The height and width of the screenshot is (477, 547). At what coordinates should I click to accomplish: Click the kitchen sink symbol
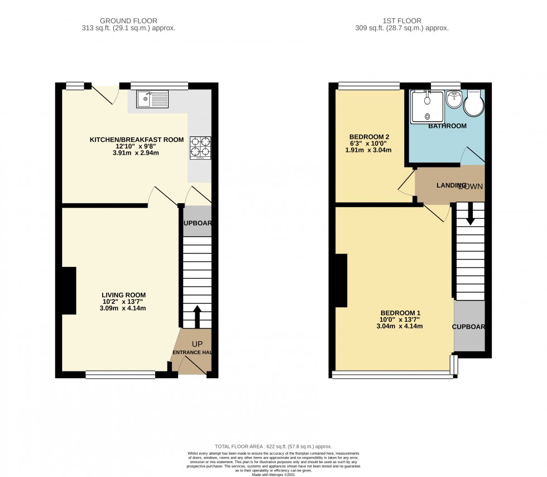click(152, 99)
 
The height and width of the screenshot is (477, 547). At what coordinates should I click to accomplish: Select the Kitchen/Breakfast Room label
click(137, 140)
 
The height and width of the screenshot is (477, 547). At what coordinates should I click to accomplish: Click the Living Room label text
click(123, 295)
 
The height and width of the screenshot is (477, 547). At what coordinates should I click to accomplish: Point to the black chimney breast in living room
click(69, 290)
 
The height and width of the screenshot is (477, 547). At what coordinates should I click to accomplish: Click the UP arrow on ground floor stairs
click(196, 316)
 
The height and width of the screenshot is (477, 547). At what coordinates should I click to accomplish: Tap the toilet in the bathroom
click(474, 103)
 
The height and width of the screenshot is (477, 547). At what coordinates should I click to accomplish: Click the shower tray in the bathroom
click(427, 107)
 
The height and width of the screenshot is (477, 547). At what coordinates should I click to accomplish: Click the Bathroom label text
click(447, 126)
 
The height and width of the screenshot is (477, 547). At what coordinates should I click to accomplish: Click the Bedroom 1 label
click(400, 313)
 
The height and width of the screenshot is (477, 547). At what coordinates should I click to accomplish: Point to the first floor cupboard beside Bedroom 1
click(469, 327)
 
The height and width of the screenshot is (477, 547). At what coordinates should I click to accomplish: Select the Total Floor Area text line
click(273, 446)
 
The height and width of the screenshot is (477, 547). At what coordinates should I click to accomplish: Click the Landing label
click(451, 185)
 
